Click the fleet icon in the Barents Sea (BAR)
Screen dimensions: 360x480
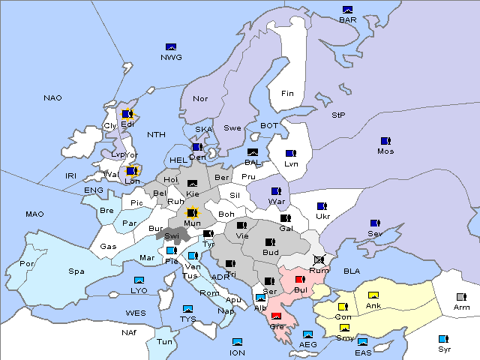[x=347, y=10]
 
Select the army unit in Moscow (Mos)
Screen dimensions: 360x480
[x=385, y=141]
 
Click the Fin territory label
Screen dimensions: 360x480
[x=287, y=94]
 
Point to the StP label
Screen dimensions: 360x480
[x=338, y=115]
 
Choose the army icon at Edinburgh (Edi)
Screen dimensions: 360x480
[x=127, y=114]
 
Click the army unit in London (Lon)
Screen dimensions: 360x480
[x=132, y=171]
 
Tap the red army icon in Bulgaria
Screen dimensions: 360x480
[x=300, y=280]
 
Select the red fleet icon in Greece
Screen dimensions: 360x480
[x=277, y=316]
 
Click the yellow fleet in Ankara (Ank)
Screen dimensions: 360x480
[x=373, y=295]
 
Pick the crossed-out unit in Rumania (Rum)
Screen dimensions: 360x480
[x=319, y=259]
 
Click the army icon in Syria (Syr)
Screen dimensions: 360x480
[x=443, y=339]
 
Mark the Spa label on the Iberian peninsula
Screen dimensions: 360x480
[x=76, y=271]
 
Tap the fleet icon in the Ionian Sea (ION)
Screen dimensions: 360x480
[x=237, y=342]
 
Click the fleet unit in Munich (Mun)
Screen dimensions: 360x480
[x=192, y=212]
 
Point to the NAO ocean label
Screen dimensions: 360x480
[x=52, y=98]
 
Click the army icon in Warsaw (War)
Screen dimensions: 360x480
[x=277, y=191]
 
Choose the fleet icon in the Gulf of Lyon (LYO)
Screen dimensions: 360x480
[x=139, y=280]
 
